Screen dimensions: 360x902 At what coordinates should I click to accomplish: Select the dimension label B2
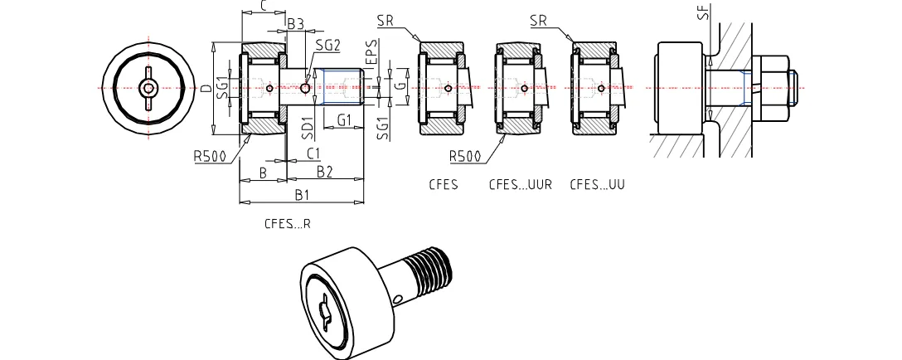pyautogui.click(x=324, y=171)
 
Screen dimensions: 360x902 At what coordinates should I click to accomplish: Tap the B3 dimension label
pyautogui.click(x=295, y=24)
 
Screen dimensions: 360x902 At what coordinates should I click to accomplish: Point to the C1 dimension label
pyautogui.click(x=314, y=153)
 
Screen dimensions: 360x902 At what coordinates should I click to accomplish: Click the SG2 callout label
pyautogui.click(x=328, y=46)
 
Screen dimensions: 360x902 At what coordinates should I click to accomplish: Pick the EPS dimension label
pyautogui.click(x=373, y=51)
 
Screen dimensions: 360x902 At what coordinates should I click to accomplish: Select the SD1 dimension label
pyautogui.click(x=306, y=126)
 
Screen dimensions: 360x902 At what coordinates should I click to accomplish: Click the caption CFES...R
pyautogui.click(x=288, y=224)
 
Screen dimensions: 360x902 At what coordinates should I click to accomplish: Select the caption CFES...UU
pyautogui.click(x=597, y=185)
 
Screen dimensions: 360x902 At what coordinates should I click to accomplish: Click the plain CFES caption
pyautogui.click(x=444, y=185)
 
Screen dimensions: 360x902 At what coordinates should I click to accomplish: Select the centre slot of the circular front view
pyautogui.click(x=148, y=88)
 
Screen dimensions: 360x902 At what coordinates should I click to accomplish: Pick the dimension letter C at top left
pyautogui.click(x=264, y=6)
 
